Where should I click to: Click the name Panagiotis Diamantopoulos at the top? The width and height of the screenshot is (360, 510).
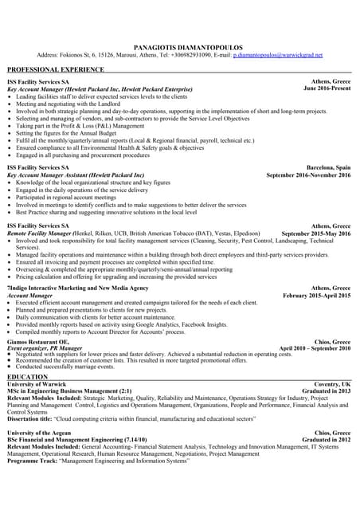(x=179, y=48)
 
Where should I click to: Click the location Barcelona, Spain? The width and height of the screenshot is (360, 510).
(x=329, y=167)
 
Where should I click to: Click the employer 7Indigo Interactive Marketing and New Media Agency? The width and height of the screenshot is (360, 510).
(x=77, y=287)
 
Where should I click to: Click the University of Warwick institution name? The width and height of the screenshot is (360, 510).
(x=41, y=384)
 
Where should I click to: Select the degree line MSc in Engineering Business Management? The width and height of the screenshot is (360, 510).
(x=69, y=391)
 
